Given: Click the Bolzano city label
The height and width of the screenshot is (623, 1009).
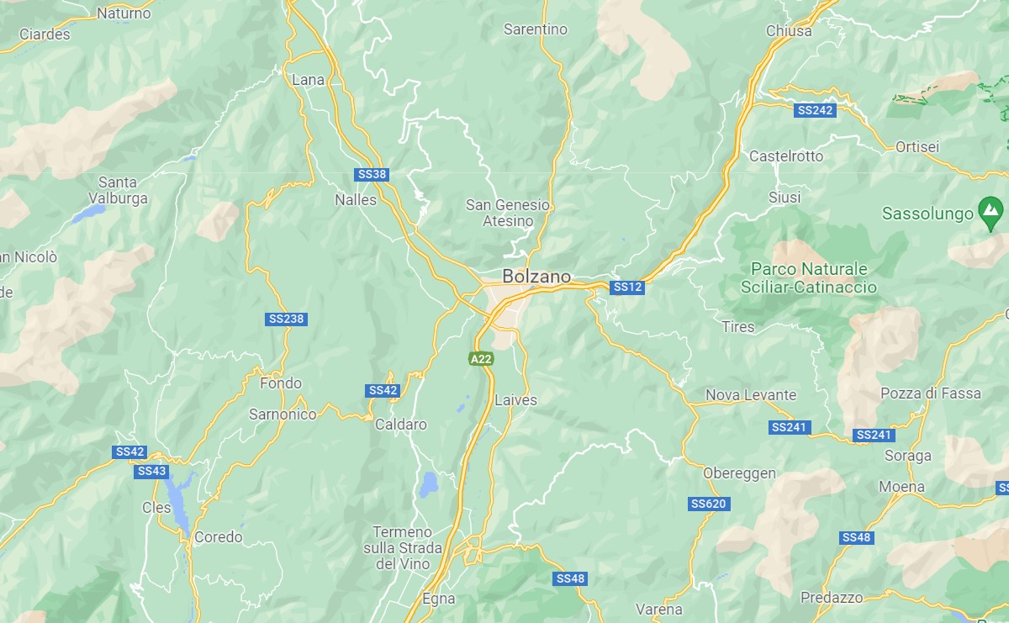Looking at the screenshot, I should coord(536,276).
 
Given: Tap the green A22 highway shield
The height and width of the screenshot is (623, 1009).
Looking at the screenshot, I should coord(481,359).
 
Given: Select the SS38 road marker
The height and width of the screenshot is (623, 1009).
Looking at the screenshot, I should coord(372,175).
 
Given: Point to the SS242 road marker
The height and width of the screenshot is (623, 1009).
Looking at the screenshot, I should coord(815,110).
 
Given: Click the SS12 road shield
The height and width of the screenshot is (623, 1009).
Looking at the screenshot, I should coord(627,288).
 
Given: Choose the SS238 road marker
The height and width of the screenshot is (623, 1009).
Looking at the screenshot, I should coord(286,319).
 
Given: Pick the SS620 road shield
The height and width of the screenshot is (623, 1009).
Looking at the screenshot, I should coord(709,504).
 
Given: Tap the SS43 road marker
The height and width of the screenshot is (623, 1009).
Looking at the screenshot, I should coord(151,472).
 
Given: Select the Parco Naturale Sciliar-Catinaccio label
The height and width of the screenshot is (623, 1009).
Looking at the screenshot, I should coord(809,278).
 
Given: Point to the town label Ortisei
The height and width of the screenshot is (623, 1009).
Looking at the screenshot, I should coord(917,147).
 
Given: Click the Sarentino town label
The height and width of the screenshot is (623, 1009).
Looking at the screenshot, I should coord(536,29).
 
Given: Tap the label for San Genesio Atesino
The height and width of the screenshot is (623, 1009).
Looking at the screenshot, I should coord(508,213).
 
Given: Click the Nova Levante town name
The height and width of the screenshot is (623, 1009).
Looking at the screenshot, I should coord(750,395).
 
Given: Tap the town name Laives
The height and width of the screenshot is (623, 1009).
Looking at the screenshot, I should coord(515,400).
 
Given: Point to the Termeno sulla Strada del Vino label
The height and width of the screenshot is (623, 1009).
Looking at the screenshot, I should coord(402,548).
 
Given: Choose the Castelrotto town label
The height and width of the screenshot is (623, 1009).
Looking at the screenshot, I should coord(786,156).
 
